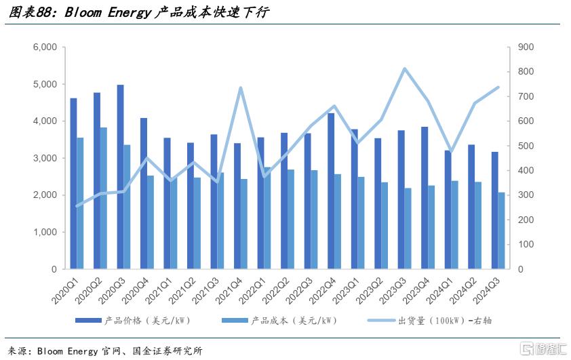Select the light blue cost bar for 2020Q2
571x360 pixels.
click(x=104, y=198)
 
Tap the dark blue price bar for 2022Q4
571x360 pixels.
click(x=330, y=191)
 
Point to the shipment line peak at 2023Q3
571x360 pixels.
click(x=404, y=68)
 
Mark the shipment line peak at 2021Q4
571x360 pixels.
click(x=241, y=87)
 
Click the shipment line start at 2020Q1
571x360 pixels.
click(x=77, y=206)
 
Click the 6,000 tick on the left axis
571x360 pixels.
click(x=45, y=47)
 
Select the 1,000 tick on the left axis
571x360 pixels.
click(x=45, y=232)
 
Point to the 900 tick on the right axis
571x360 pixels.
click(x=526, y=47)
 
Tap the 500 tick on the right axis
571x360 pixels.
click(x=526, y=146)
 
